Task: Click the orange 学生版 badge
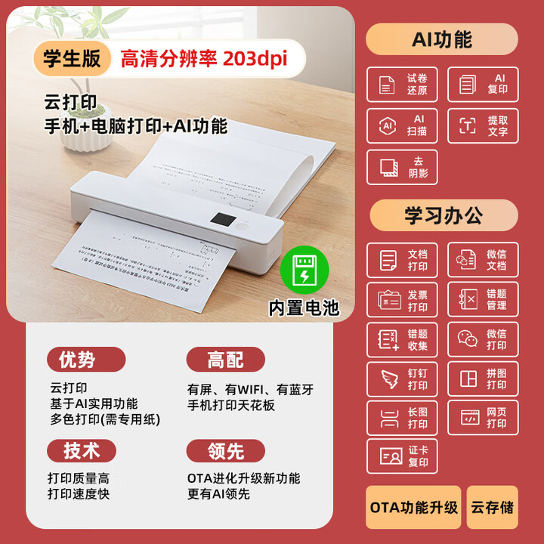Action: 72,59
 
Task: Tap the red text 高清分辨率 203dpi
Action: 203,59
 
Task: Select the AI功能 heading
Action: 442,39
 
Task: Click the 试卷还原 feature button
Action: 402,85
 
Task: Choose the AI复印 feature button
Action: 483,85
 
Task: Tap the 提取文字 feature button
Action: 483,125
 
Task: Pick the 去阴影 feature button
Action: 402,167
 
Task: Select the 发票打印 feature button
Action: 402,301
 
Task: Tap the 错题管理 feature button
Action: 483,299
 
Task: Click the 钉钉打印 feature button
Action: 402,379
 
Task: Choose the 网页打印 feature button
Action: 483,418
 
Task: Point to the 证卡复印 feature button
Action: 402,456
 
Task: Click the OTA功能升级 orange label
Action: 414,507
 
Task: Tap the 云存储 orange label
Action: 492,507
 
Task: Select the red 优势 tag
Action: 86,360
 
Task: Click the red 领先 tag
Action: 225,451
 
